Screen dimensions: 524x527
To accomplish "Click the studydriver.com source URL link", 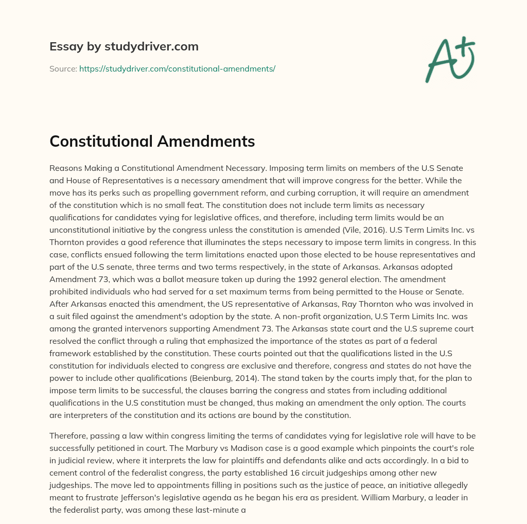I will click(177, 68).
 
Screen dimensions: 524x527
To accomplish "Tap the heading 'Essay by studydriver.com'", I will click(124, 46).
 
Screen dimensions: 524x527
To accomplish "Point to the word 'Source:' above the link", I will click(63, 68).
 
